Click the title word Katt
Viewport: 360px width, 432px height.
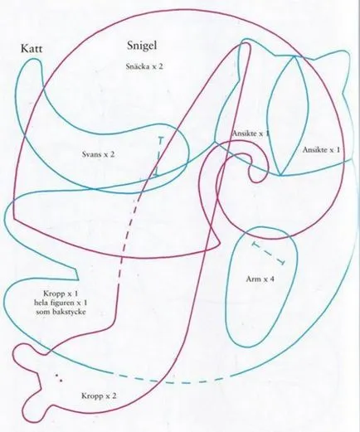32,49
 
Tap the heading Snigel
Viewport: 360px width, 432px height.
142,46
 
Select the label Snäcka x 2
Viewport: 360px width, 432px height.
144,66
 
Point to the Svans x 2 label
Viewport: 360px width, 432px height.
98,154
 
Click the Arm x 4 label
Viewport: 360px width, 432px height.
260,279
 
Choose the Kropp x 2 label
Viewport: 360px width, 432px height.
99,396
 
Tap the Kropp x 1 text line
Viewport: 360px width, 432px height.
61,294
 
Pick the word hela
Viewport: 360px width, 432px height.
41,303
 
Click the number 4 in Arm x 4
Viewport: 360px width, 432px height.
272,279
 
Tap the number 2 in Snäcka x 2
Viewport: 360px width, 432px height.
160,66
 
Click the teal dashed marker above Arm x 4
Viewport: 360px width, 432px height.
268,253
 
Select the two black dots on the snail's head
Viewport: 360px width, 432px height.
59,378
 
